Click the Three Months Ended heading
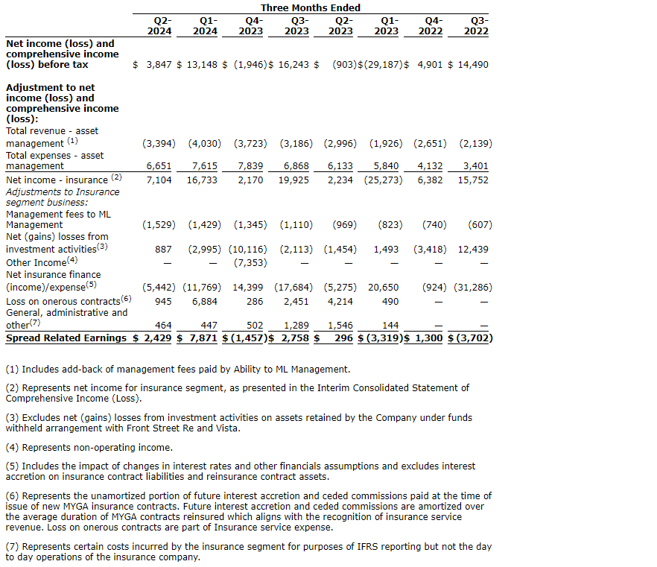pyautogui.click(x=310, y=7)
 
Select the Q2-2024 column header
pyautogui.click(x=159, y=25)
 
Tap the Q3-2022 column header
pyautogui.click(x=476, y=25)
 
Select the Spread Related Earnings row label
pyautogui.click(x=66, y=338)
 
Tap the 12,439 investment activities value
pyautogui.click(x=475, y=249)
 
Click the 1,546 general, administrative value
pyautogui.click(x=339, y=326)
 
